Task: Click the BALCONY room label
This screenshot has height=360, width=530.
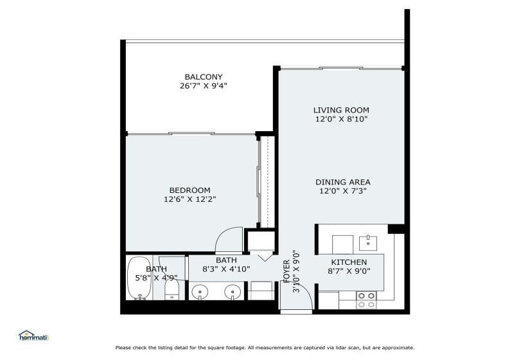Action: tap(204, 76)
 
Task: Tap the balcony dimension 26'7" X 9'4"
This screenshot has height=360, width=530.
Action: tap(204, 85)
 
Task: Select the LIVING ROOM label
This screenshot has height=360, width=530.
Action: tap(341, 110)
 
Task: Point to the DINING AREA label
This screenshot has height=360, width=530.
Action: tap(343, 182)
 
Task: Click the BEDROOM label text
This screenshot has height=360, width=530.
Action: tap(190, 190)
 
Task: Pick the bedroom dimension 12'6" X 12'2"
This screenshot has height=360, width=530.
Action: tap(190, 199)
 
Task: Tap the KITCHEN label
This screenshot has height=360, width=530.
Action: tap(349, 262)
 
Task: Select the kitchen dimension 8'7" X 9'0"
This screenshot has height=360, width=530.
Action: tap(349, 271)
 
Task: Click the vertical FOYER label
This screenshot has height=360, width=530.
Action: tap(287, 271)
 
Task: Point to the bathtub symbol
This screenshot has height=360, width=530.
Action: tap(139, 278)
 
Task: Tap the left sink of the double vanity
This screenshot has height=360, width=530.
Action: tap(200, 292)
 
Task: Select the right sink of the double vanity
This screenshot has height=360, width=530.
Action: tap(233, 292)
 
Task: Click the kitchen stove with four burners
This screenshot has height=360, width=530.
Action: tap(366, 300)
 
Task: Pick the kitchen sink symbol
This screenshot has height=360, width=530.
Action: tap(367, 243)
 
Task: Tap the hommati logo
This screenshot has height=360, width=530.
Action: tap(33, 336)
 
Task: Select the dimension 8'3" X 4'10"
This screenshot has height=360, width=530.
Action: tap(226, 269)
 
